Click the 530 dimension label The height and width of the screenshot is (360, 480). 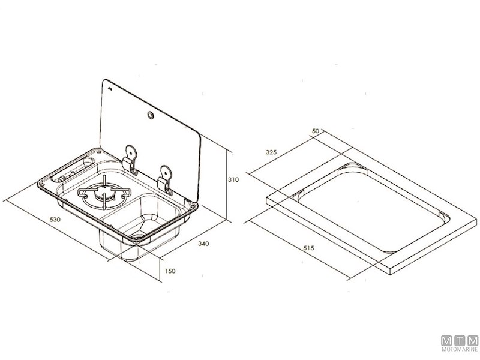55,220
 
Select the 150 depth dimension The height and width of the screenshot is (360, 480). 170,272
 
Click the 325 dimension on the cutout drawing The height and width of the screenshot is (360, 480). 271,153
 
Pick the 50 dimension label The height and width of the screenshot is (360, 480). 317,131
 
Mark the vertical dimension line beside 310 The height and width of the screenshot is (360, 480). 226,180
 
